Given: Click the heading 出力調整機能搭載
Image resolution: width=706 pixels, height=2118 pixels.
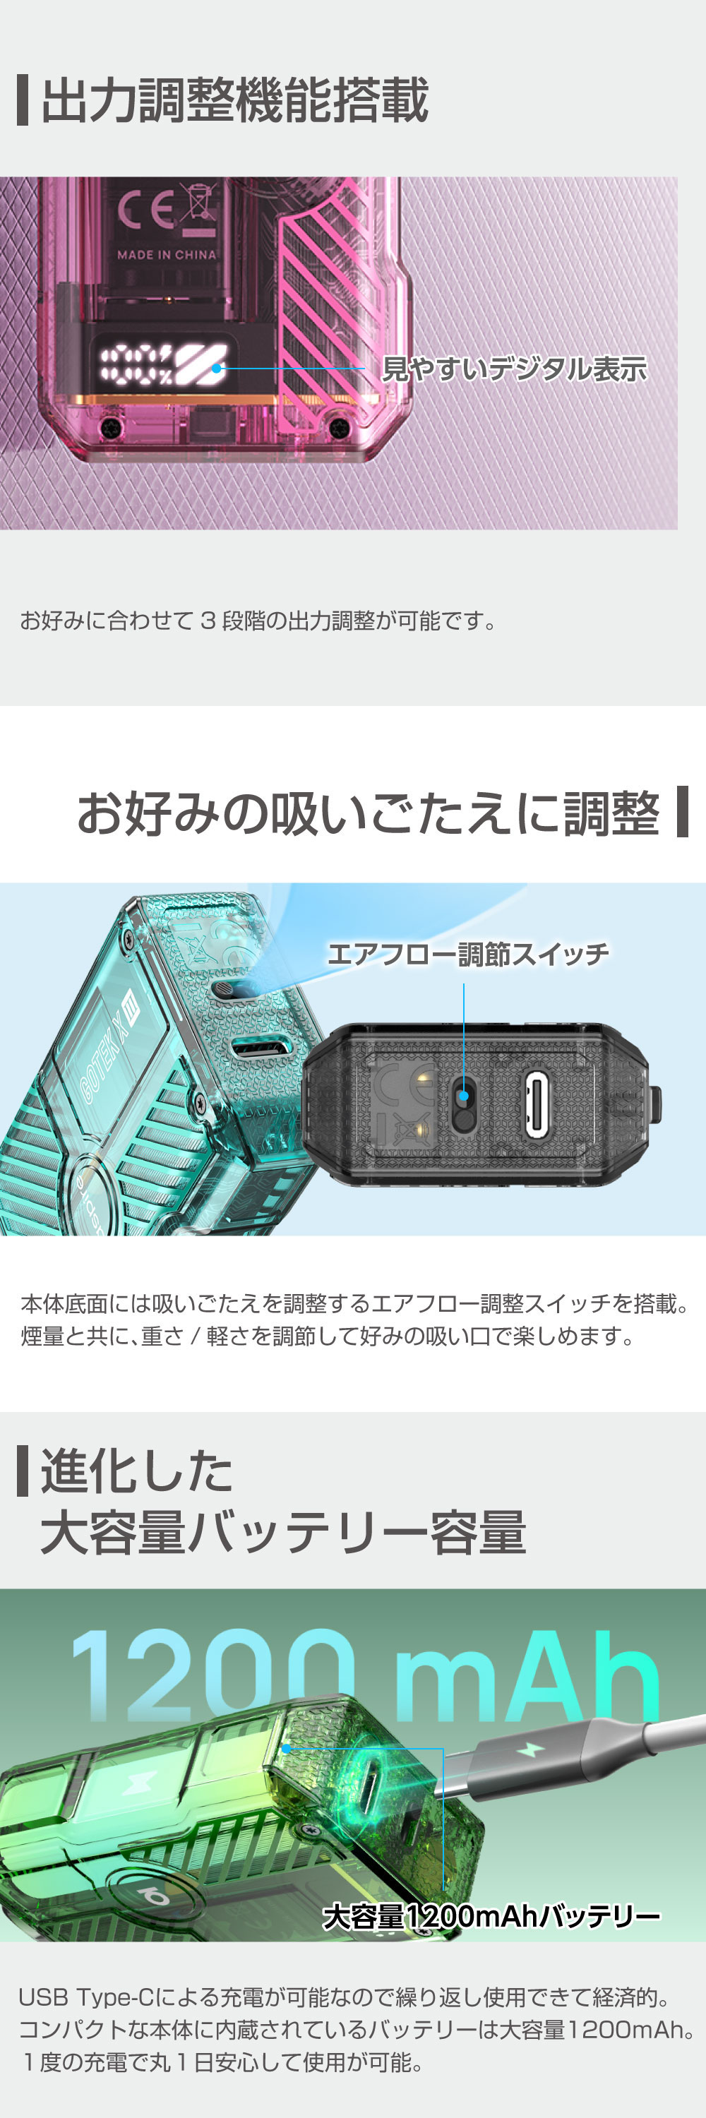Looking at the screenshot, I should click(x=234, y=100).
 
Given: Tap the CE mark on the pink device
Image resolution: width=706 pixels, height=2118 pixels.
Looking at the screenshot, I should click(x=146, y=210).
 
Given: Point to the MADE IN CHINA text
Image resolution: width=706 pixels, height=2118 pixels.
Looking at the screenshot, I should click(x=166, y=255).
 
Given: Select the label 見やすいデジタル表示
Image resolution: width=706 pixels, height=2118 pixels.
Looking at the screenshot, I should click(x=515, y=369).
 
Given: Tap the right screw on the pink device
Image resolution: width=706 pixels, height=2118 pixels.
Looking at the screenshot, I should click(x=337, y=426).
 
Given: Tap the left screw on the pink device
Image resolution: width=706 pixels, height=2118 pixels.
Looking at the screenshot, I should click(x=110, y=428).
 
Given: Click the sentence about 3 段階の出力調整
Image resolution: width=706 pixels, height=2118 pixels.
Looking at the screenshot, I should click(x=258, y=621).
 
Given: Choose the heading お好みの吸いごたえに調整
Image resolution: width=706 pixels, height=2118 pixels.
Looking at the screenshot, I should click(x=369, y=814).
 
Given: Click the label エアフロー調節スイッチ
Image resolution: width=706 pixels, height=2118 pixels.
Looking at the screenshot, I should click(x=467, y=954).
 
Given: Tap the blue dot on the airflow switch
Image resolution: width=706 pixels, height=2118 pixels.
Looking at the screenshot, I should click(x=464, y=1096).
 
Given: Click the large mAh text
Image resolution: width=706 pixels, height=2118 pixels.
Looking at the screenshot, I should click(x=526, y=1677).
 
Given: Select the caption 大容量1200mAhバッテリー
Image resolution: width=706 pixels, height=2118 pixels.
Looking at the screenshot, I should click(x=491, y=1917).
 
